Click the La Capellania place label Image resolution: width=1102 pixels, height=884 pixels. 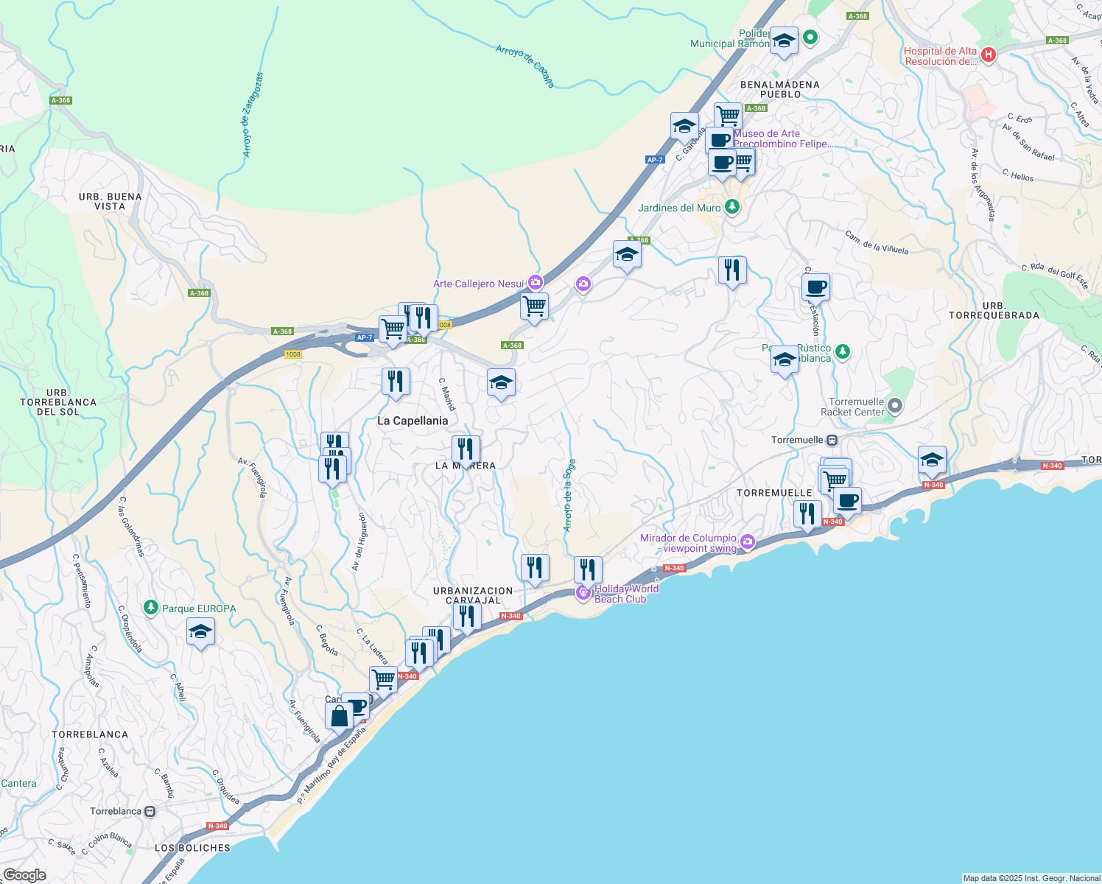(x=413, y=421)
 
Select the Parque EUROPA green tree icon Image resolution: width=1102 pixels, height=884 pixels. (x=151, y=608)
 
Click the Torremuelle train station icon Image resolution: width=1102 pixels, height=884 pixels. (x=832, y=440)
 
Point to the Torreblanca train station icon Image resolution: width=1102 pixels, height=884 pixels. (x=150, y=811)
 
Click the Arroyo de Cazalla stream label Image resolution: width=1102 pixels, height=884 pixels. (x=525, y=66)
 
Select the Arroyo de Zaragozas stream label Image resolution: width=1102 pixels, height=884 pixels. (x=252, y=115)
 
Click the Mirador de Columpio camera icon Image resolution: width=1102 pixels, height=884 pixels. (x=748, y=543)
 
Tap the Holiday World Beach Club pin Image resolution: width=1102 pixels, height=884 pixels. (x=583, y=592)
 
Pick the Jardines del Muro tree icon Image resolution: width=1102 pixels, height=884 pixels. (x=731, y=207)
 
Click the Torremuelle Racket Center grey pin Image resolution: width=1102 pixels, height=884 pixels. (x=895, y=405)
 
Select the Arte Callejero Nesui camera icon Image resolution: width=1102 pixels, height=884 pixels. (x=535, y=283)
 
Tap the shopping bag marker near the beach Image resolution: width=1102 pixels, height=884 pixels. (x=339, y=715)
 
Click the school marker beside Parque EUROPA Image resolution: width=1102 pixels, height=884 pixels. (x=200, y=632)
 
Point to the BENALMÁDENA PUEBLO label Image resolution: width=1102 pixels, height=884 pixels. (x=780, y=89)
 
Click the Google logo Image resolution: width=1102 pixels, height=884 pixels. (x=24, y=874)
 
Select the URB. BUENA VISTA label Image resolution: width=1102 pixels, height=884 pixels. (x=110, y=201)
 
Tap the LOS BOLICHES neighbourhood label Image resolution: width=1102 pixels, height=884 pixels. (x=192, y=848)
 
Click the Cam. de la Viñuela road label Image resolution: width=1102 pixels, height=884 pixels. (x=877, y=243)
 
